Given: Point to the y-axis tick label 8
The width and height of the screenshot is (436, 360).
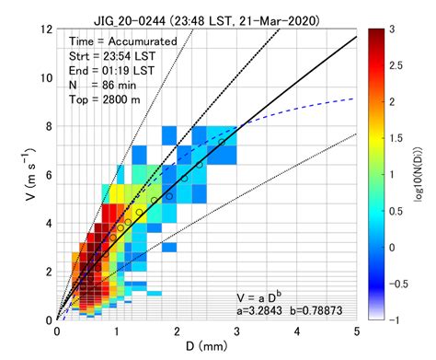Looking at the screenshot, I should pos(46,125).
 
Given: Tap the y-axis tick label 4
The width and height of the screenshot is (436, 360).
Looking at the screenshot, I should pos(46,223).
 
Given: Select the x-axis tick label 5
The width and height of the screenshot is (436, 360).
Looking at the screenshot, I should pos(356,331).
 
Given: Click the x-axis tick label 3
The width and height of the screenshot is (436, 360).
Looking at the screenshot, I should pos(236,331).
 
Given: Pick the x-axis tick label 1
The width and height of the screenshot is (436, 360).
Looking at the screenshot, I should pos(117,331).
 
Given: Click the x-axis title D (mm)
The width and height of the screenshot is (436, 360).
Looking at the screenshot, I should pos(206,348).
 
